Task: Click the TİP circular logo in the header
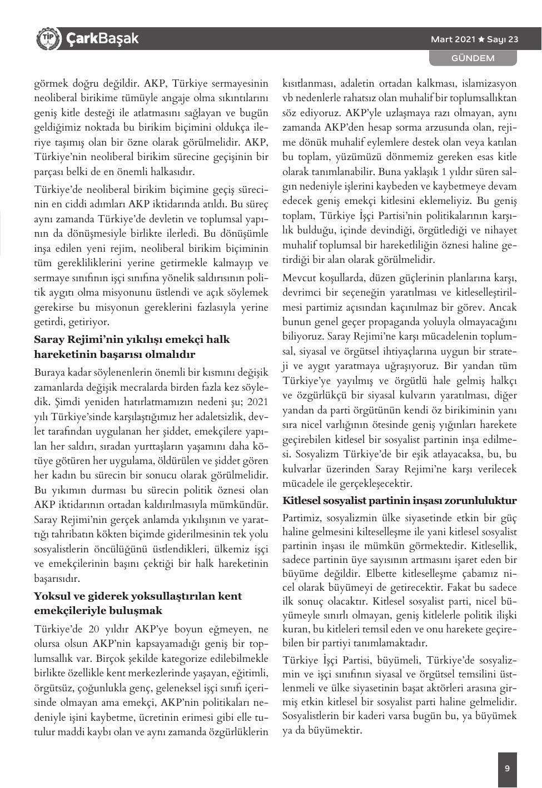click(x=48, y=38)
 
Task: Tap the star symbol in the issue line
click(x=481, y=39)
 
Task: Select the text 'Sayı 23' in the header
click(x=503, y=39)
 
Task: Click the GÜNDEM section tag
click(x=473, y=58)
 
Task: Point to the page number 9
click(x=507, y=769)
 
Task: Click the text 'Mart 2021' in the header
click(x=453, y=39)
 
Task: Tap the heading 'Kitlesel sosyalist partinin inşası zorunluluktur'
click(x=400, y=501)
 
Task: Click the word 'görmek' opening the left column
click(x=50, y=84)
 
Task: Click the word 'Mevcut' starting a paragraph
click(x=299, y=277)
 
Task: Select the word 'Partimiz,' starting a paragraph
click(x=302, y=517)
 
